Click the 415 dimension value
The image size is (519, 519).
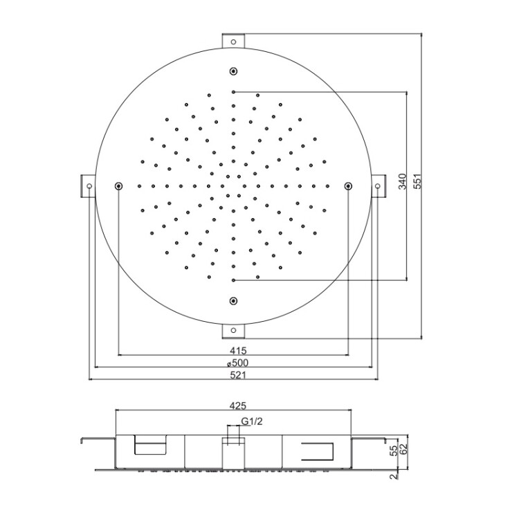pos(238,350)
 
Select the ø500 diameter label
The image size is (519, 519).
pos(237,363)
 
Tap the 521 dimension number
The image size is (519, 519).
pos(238,375)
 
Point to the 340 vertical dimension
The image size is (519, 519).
pos(402,181)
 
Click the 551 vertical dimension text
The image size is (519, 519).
pos(418,181)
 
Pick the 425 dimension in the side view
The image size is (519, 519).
pos(238,405)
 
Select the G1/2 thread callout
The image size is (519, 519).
pos(252,421)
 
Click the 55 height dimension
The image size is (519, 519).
pos(394,450)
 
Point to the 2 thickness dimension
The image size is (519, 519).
pos(394,477)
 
